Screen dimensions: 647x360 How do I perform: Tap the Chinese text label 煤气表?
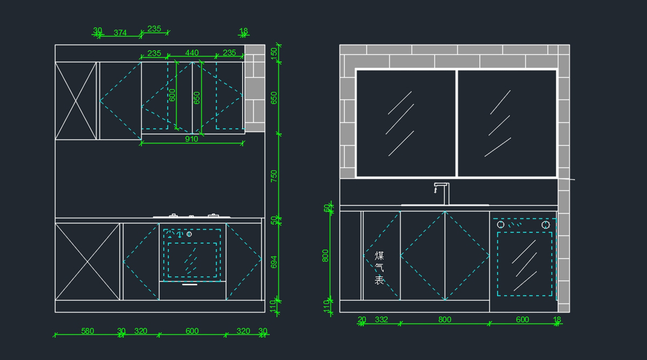pos(380,267)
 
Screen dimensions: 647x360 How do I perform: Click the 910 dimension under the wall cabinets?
pos(191,139)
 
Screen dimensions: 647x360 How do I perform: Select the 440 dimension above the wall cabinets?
pos(192,53)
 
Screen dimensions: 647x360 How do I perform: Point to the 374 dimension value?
pos(120,33)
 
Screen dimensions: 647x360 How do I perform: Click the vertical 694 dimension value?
pos(274,262)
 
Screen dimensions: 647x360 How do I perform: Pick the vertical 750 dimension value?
pos(274,176)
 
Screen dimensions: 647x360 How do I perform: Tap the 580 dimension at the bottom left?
pos(87,331)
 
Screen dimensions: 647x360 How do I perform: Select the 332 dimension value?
pos(381,320)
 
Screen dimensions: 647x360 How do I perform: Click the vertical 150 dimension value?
pos(274,53)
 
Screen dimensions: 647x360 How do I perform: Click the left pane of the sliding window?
pos(406,123)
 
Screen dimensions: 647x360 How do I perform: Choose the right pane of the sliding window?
pos(507,123)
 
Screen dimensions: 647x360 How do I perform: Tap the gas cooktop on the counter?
pos(192,216)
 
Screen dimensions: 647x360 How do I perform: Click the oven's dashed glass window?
pos(192,260)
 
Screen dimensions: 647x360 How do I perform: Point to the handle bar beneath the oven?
pos(190,285)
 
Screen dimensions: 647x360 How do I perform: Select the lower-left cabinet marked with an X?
pos(87,262)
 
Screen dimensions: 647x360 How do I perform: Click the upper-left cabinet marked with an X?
pos(75,101)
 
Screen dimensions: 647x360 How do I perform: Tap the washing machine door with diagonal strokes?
pos(524,264)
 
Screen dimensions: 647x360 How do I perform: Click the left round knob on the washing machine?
pos(500,224)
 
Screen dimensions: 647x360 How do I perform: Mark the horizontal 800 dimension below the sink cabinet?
pos(444,320)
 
